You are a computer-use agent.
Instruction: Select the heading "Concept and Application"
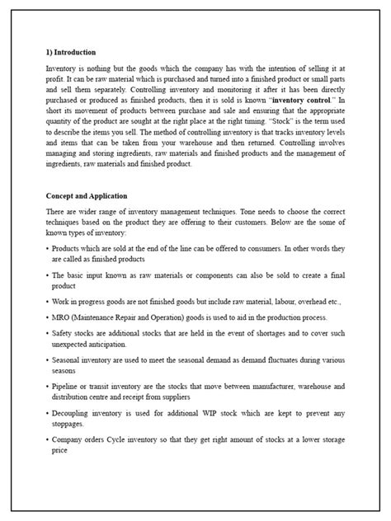[x=87, y=196]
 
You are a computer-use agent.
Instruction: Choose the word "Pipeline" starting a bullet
[x=67, y=386]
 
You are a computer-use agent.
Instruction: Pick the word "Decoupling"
[x=73, y=415]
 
